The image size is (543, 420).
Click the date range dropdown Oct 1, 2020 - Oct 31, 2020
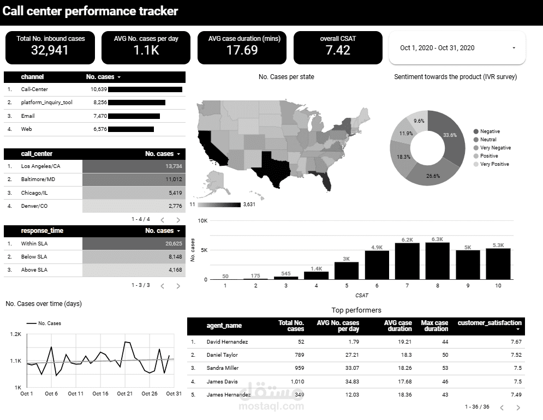click(x=457, y=48)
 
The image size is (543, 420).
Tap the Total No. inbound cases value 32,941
click(x=51, y=50)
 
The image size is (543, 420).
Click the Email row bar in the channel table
click(x=134, y=116)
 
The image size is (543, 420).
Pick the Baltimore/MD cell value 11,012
click(x=172, y=179)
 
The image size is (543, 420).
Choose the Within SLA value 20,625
click(x=174, y=244)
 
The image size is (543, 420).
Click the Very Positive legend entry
click(x=494, y=164)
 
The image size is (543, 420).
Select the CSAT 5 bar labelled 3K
click(x=347, y=271)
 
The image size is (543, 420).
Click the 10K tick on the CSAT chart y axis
click(x=202, y=221)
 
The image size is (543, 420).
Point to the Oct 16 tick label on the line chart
click(x=100, y=394)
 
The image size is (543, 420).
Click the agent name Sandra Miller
click(x=222, y=368)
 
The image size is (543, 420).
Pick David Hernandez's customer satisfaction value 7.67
click(x=515, y=342)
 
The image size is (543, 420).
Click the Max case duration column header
click(x=434, y=326)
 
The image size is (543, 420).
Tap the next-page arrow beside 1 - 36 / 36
click(x=518, y=407)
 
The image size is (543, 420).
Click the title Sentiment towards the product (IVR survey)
click(x=455, y=77)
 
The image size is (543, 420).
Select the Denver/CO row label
click(x=34, y=206)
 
